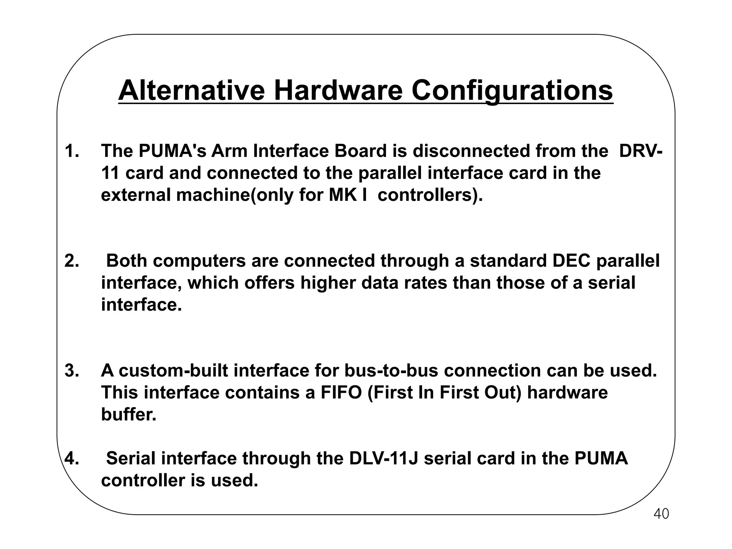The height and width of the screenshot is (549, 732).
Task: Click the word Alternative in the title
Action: coord(192,91)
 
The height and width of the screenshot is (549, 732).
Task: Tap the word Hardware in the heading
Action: coord(338,91)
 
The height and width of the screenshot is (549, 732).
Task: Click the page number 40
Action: coord(661,514)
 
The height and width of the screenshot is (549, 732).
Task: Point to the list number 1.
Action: coord(72,151)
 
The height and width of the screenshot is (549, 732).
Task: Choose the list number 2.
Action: coord(72,261)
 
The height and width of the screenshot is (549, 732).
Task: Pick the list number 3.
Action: coord(72,371)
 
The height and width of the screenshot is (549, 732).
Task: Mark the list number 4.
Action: coord(72,458)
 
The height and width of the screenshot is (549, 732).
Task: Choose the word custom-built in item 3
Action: coord(173,371)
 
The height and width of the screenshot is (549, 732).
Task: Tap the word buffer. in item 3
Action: coord(129,415)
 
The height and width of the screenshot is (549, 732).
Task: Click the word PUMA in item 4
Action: coord(601,458)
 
